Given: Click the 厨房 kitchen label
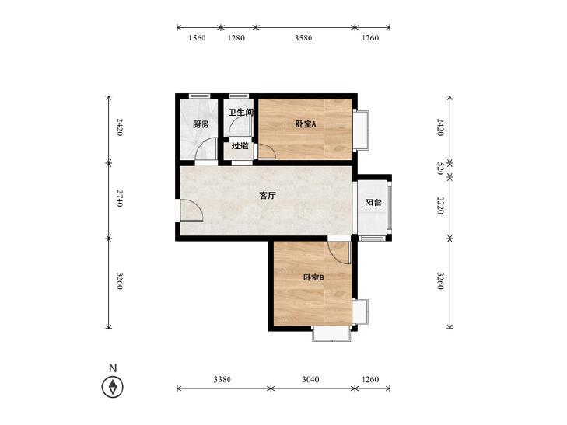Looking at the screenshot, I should click(201, 124).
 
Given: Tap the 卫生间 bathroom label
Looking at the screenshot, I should click(240, 113).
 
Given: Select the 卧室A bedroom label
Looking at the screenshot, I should click(305, 124).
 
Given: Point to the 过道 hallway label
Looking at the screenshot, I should click(240, 146).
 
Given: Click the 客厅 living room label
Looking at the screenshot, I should click(268, 197).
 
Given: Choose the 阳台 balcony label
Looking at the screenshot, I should click(373, 203).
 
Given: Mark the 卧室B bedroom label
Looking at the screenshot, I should click(313, 277).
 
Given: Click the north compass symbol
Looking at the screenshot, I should click(114, 386).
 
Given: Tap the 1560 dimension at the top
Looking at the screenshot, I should click(197, 38).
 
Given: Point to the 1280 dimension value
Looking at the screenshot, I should click(236, 38).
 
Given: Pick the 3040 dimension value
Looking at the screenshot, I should click(310, 380).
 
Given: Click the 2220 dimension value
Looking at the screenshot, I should click(440, 206).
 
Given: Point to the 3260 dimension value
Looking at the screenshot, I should click(440, 281).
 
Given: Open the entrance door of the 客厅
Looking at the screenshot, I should click(190, 211).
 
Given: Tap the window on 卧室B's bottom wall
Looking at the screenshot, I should click(331, 335).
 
